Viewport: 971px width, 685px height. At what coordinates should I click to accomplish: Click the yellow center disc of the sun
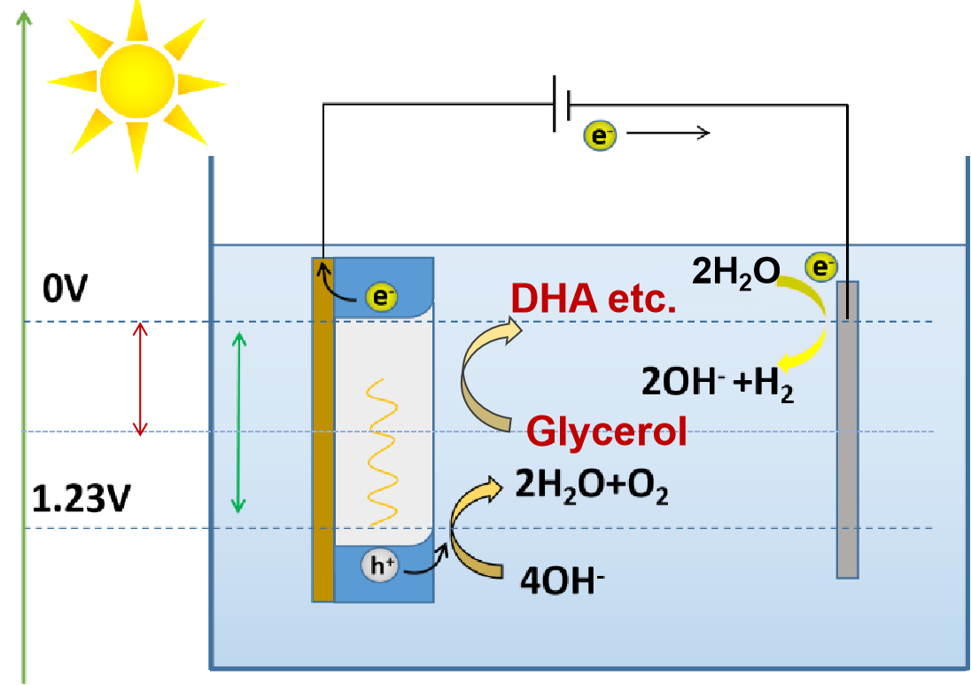pos(136,81)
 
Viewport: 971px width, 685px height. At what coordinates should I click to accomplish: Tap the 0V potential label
pos(65,289)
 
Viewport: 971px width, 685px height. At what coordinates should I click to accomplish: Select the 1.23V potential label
pos(81,499)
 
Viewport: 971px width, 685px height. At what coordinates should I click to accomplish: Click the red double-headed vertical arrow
pos(141,378)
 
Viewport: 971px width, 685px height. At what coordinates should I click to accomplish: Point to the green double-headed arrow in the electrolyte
pos(238,423)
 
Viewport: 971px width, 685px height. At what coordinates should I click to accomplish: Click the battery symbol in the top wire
pos(561,104)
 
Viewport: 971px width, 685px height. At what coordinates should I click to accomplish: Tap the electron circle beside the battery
pos(600,136)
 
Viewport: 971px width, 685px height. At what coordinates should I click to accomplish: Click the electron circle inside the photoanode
pos(381,297)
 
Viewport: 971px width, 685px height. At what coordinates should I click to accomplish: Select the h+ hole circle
pos(379,565)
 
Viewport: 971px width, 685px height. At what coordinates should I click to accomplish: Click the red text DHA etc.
pos(594,300)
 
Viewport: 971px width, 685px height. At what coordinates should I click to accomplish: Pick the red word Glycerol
pos(606,431)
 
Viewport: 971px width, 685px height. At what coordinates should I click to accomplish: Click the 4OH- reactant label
pos(563,580)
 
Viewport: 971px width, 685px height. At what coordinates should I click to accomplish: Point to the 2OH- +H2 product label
pos(717,383)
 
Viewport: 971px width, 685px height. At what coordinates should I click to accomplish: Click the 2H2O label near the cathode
pos(735,273)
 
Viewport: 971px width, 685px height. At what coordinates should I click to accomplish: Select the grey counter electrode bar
pos(847,430)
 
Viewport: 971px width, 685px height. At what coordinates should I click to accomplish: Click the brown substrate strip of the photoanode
pos(322,430)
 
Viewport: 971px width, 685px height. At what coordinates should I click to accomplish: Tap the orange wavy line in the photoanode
pos(382,452)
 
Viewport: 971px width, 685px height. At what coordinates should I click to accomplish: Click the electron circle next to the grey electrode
pos(821,267)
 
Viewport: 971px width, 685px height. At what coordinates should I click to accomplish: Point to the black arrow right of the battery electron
pos(668,133)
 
